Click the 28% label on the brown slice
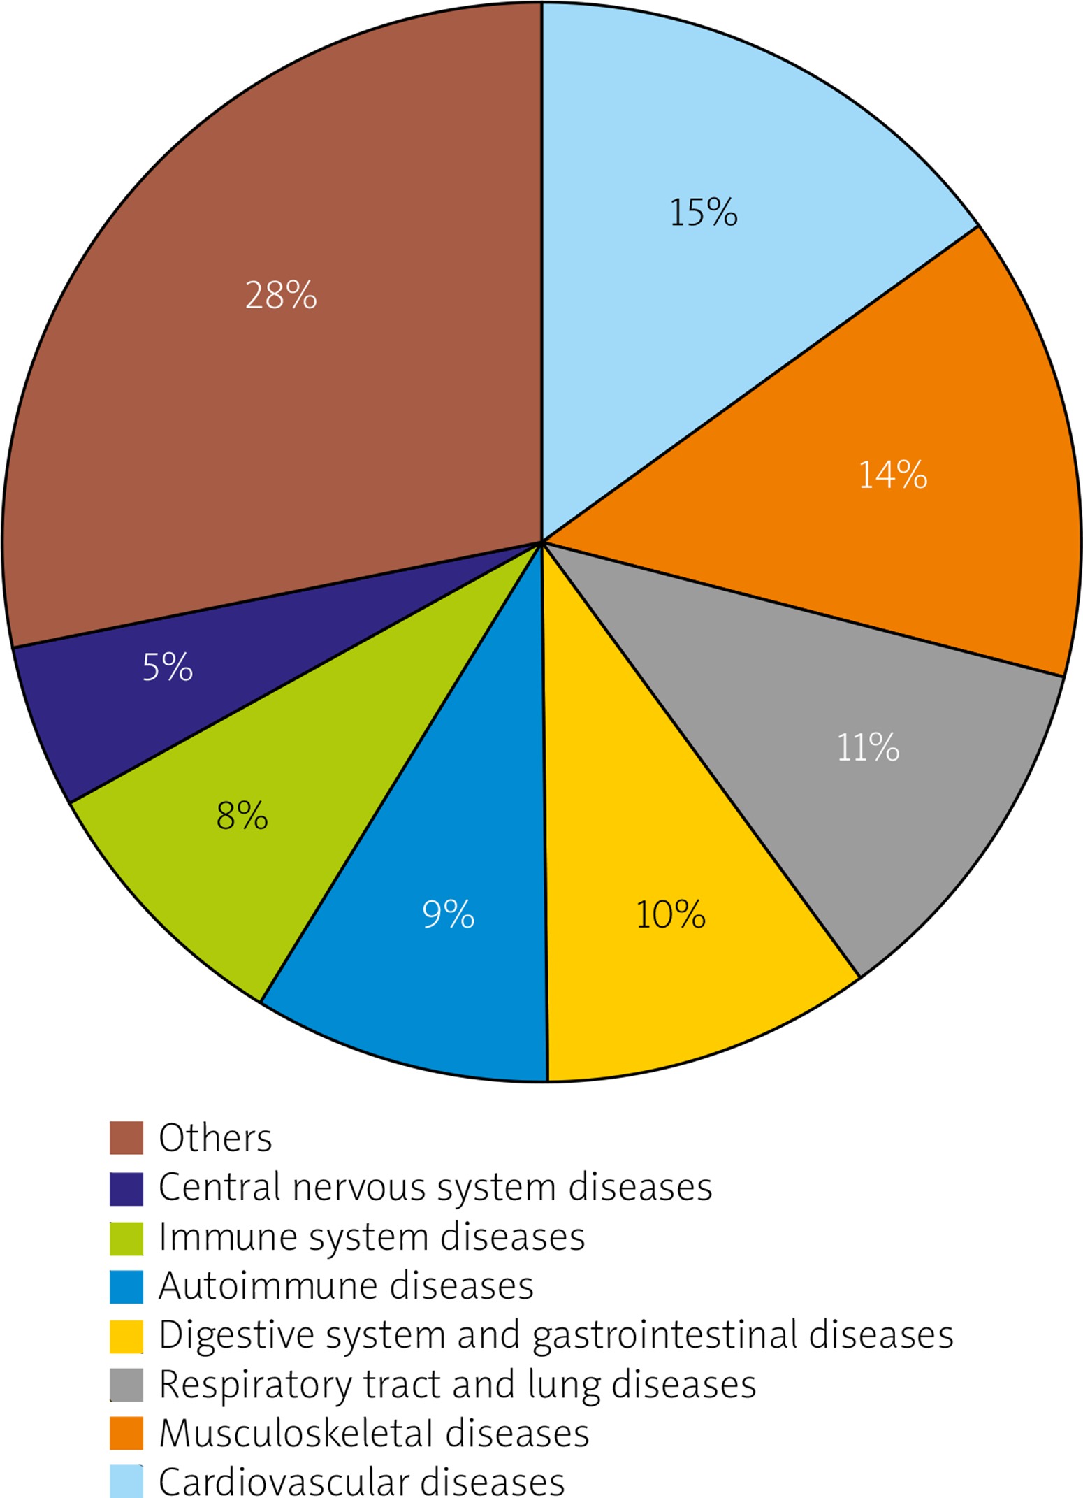point(281,295)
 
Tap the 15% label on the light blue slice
point(703,213)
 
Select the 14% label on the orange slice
point(892,475)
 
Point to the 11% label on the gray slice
point(867,748)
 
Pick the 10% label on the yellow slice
point(670,914)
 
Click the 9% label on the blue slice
point(448,914)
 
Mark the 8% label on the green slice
point(242,816)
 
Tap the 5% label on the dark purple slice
point(167,667)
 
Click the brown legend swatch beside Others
point(126,1138)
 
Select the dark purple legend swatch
point(126,1188)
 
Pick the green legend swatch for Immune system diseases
point(126,1238)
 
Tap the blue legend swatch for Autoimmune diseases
point(126,1287)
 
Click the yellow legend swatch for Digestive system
point(126,1336)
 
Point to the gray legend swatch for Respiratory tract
point(126,1385)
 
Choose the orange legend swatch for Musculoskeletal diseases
point(126,1434)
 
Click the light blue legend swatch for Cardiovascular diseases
point(126,1482)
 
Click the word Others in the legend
point(215,1138)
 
